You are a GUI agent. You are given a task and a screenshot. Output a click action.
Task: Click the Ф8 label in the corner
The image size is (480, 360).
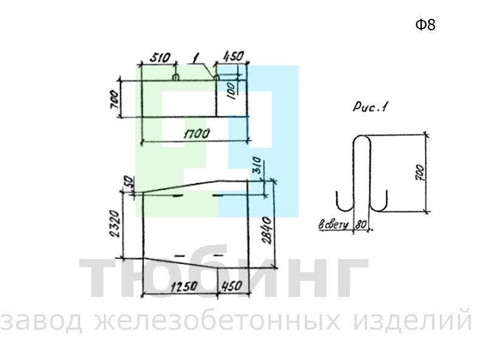tap(425, 25)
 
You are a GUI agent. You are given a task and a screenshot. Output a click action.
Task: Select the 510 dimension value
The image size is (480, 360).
tap(159, 57)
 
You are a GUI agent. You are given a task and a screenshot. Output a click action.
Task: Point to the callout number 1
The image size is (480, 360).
tap(196, 58)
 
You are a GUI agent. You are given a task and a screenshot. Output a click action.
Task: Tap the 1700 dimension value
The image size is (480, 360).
tap(196, 134)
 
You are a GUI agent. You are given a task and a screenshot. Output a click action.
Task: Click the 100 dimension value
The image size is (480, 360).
tap(231, 90)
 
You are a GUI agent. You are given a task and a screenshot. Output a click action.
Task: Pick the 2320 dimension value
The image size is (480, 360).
tap(114, 223)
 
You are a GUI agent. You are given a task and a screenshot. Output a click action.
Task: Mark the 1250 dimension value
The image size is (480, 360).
tap(184, 287)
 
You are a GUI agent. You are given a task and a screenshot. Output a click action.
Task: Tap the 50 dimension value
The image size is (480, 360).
tap(129, 182)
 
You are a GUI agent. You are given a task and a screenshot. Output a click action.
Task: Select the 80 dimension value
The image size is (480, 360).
tap(361, 225)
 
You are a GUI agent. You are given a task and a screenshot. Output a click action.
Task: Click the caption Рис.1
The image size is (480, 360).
tap(370, 107)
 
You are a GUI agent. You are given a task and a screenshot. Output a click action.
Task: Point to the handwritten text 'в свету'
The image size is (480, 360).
tap(334, 225)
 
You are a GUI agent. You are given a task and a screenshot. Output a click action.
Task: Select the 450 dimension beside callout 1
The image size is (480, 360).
tap(233, 56)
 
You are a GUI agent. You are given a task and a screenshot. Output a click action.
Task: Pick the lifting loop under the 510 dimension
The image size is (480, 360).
tap(176, 77)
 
